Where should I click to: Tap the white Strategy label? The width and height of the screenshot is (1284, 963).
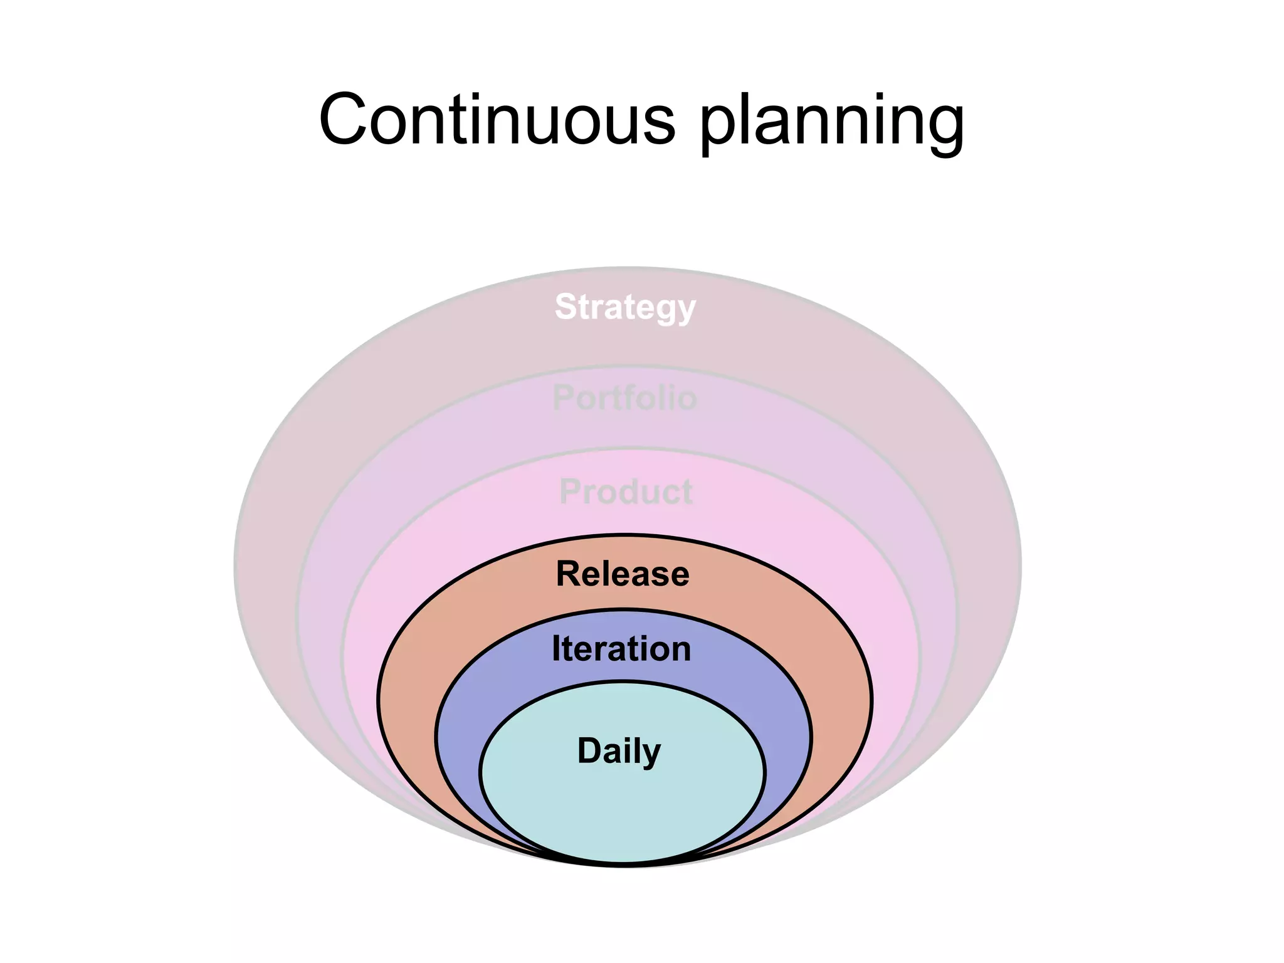[x=625, y=307]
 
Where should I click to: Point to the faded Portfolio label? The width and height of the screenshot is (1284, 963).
[x=624, y=398]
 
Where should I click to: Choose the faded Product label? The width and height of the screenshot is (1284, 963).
[x=626, y=492]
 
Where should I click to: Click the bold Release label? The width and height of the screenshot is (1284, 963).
[x=623, y=574]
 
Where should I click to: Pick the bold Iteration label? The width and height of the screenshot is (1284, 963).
[x=621, y=648]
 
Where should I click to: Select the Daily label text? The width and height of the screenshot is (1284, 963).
[x=619, y=751]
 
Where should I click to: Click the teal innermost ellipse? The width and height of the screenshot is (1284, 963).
[x=623, y=809]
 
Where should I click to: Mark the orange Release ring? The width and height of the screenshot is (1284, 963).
[x=408, y=690]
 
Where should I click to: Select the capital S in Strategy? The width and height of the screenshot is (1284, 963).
[x=566, y=307]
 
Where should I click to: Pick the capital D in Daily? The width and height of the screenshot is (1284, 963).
[x=589, y=750]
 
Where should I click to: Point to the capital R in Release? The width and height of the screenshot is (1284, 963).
[x=569, y=574]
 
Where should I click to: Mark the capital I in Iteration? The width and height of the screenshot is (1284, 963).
[x=555, y=648]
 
